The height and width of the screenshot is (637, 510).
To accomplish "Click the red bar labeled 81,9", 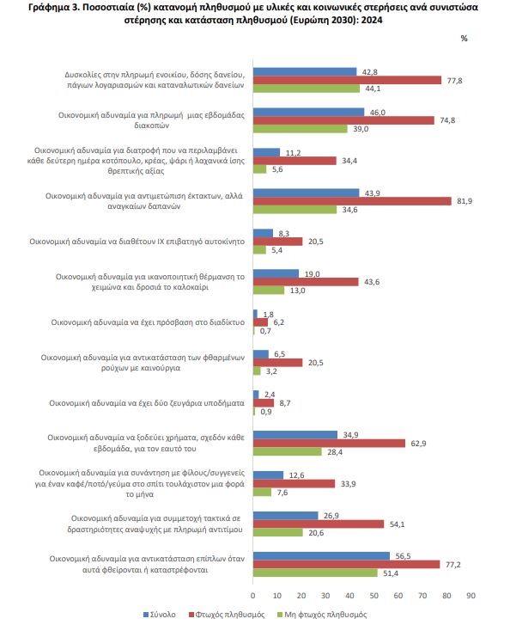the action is [352, 201].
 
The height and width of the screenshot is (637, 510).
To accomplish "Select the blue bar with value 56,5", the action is [321, 556].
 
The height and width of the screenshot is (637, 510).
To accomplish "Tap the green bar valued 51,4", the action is [315, 573].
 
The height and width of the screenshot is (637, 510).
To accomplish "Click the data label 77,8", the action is [454, 81].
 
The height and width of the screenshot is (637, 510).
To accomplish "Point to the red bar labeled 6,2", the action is [260, 322].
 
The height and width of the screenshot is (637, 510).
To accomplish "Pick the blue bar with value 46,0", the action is [309, 112].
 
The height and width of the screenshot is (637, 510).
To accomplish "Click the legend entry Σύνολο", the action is [160, 615].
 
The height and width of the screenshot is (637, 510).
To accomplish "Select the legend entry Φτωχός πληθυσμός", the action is [227, 615].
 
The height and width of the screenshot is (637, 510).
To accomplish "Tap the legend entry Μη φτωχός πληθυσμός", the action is [322, 615].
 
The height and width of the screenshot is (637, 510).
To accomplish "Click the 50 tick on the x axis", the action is [373, 596].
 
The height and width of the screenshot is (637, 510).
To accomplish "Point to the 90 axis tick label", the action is [471, 596].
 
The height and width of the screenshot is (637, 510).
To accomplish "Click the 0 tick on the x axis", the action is [252, 596].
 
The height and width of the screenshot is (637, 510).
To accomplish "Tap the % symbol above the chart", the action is [464, 38].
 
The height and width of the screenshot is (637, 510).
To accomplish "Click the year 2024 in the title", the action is [372, 20].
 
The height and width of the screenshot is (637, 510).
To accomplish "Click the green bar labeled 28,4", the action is [288, 452].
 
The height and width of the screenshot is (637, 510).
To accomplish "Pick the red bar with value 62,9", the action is [329, 444].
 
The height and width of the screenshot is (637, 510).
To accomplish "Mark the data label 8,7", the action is [285, 403].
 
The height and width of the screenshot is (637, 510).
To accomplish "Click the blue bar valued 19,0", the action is [276, 274].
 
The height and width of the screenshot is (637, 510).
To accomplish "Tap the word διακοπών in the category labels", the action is [152, 126].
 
